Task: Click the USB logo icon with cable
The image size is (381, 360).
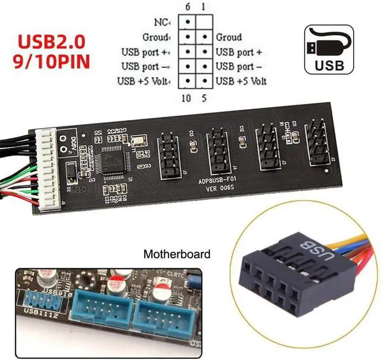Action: [x=333, y=49]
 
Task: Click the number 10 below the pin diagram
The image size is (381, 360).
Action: [x=186, y=97]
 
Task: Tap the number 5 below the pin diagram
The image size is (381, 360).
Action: [x=204, y=97]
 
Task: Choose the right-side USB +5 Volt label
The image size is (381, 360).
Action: [x=241, y=81]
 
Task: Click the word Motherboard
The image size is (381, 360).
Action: [x=177, y=255]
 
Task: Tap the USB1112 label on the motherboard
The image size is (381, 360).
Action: [x=40, y=314]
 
